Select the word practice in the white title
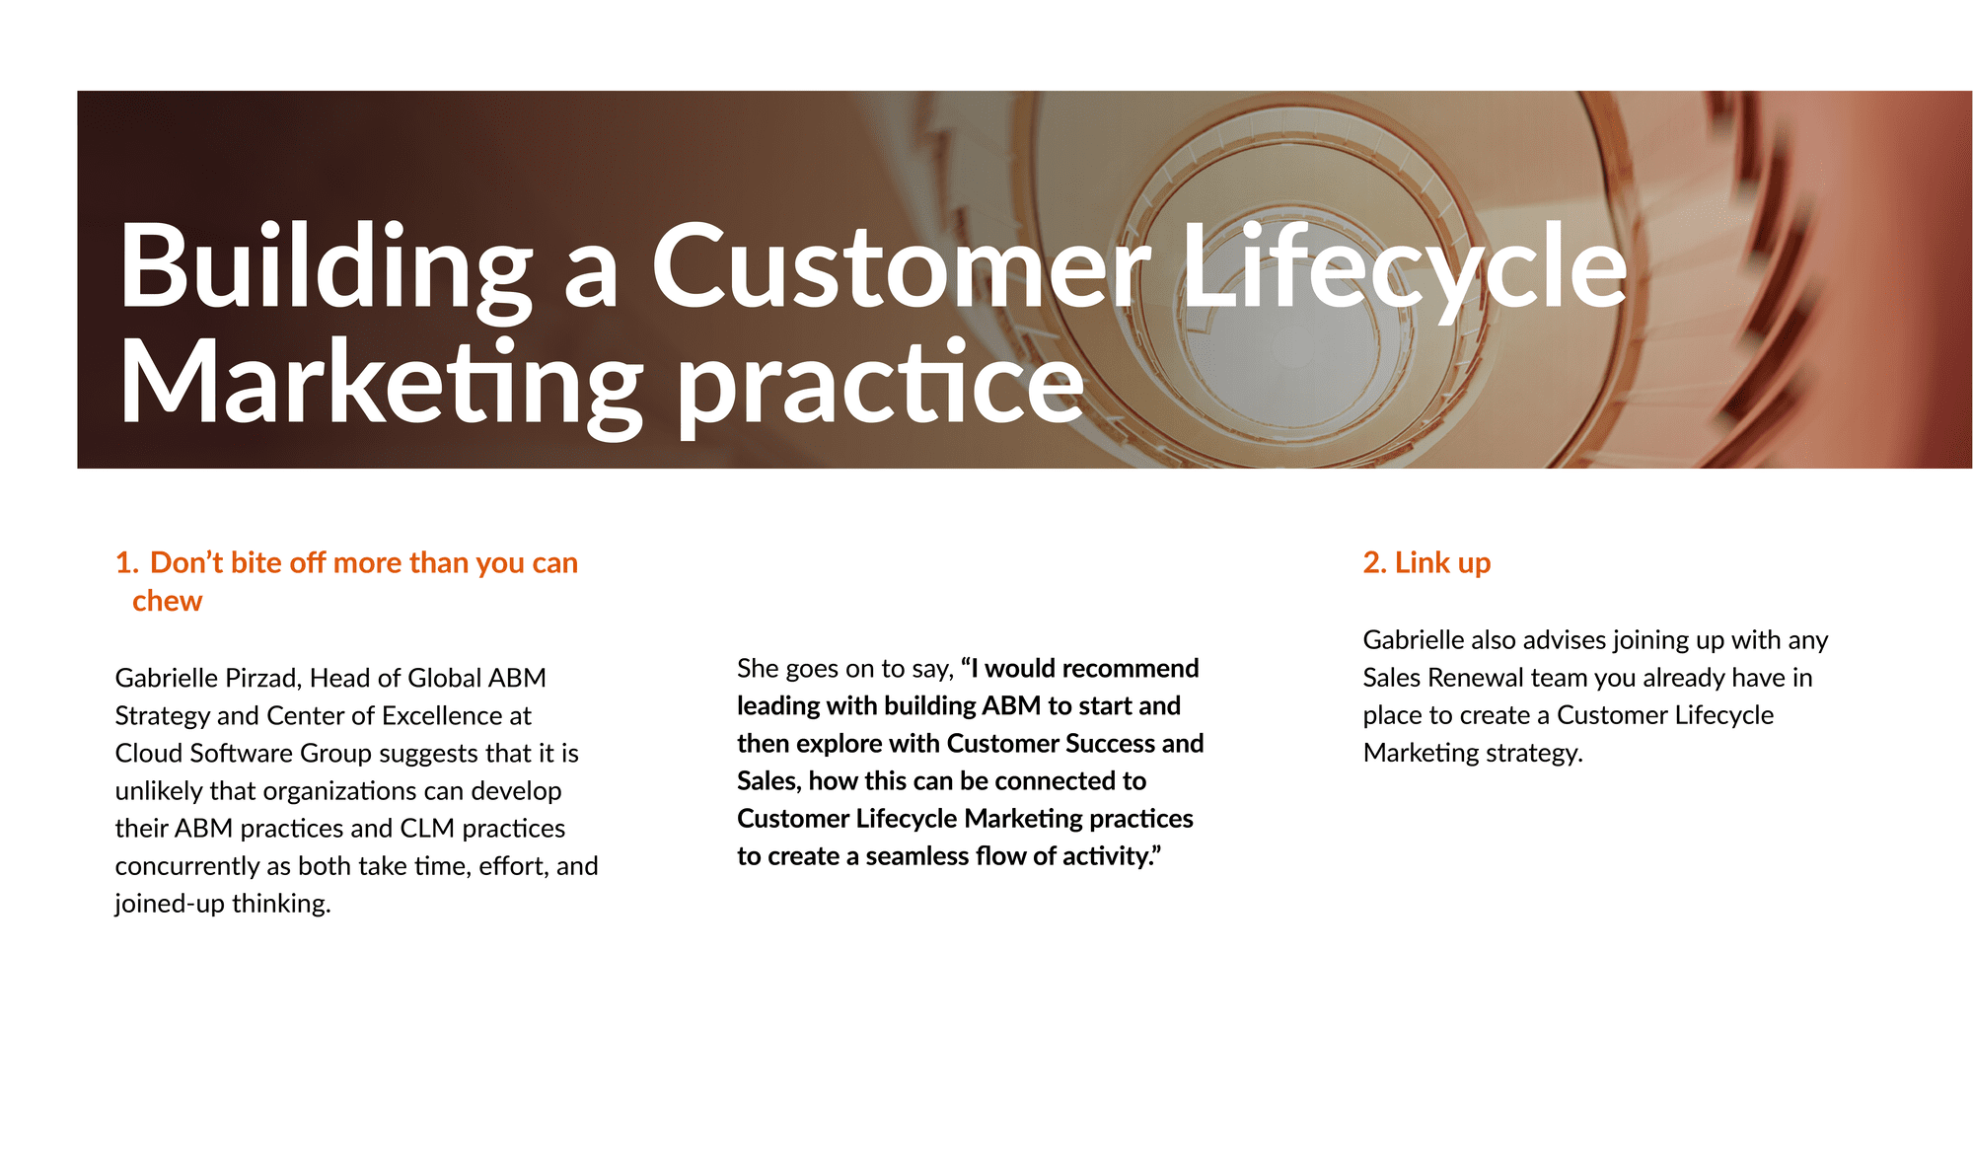pyautogui.click(x=880, y=387)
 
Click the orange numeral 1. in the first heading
pyautogui.click(x=127, y=563)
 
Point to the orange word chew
pyautogui.click(x=167, y=601)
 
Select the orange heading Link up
pyautogui.click(x=1426, y=563)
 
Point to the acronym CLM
pyautogui.click(x=427, y=828)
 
